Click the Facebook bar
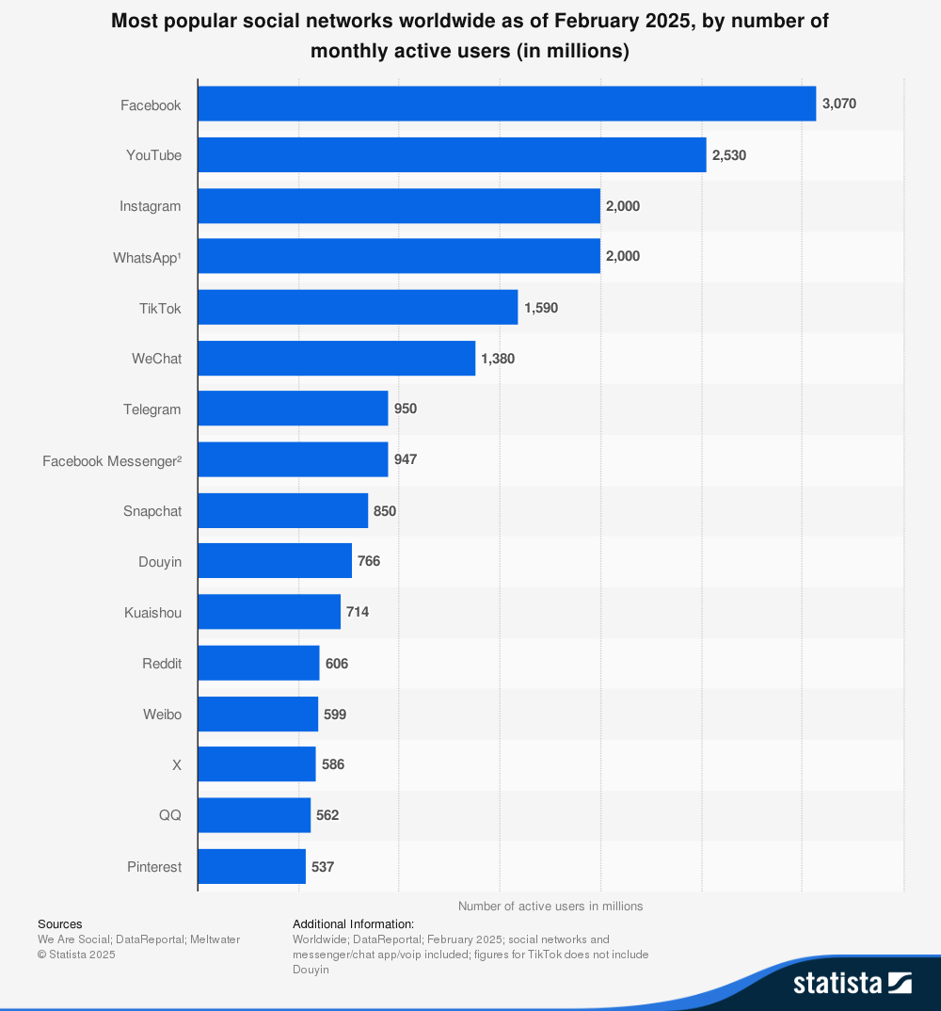tap(506, 104)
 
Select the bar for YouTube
tap(452, 154)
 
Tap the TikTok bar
tap(358, 307)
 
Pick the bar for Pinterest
tap(251, 866)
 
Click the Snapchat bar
tap(282, 510)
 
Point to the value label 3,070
tap(839, 104)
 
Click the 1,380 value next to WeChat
tap(498, 358)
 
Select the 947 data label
tap(406, 459)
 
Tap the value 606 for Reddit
tap(337, 663)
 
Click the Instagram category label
tap(151, 205)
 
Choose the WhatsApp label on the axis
tap(147, 256)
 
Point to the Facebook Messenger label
tap(112, 460)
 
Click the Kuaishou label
tap(152, 612)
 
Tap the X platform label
tap(176, 764)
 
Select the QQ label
tap(170, 815)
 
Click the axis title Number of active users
tap(550, 906)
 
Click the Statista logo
tap(852, 983)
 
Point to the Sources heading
tap(59, 923)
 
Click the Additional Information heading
tap(353, 923)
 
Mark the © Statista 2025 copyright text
tap(76, 954)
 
